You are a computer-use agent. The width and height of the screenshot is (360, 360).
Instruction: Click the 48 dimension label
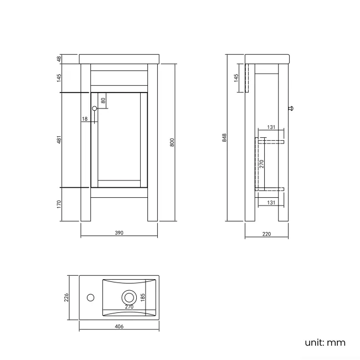[x=59, y=59]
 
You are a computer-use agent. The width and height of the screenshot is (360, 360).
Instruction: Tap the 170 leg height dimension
[x=59, y=205]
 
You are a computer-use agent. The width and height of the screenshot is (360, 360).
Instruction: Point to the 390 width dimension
[x=119, y=233]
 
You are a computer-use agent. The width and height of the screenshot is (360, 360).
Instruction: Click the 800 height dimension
[x=172, y=142]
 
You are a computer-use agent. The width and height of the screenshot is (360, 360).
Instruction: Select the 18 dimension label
[x=85, y=119]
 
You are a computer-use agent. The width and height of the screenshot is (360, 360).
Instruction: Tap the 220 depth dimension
[x=266, y=234]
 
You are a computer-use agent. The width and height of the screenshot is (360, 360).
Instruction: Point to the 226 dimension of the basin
[x=66, y=298]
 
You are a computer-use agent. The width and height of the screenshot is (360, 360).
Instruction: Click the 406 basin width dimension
[x=119, y=327]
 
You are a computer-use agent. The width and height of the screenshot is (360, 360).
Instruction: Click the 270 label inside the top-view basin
[x=129, y=306]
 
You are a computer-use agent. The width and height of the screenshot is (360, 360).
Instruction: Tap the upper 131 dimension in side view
[x=271, y=127]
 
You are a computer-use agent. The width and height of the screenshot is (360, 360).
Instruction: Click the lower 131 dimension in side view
[x=271, y=203]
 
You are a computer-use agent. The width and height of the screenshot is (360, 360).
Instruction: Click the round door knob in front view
[x=94, y=109]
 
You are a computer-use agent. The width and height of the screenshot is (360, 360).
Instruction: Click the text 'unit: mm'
[x=325, y=342]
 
